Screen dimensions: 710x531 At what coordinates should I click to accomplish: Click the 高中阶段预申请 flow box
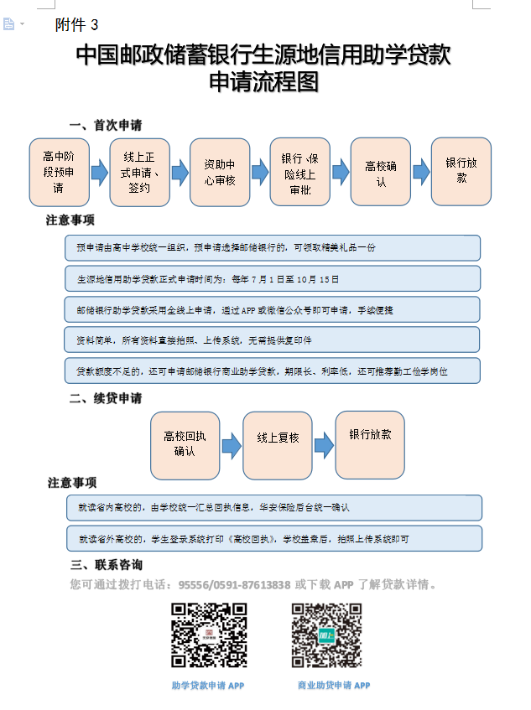59,172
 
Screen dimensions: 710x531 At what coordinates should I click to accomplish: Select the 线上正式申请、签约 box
139,172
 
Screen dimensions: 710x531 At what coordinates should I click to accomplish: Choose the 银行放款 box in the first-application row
461,171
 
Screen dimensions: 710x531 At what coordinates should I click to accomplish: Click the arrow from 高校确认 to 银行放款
420,172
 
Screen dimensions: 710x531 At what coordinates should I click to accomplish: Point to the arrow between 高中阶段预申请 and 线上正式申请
99,173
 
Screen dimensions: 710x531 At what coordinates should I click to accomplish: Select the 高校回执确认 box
185,444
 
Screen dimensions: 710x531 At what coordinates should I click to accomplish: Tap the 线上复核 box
278,444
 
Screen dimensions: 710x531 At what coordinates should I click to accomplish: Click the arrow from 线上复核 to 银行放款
324,445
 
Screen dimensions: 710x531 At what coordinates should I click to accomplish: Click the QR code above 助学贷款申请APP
209,635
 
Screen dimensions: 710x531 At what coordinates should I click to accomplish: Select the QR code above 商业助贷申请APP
326,635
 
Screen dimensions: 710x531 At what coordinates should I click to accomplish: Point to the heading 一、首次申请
106,125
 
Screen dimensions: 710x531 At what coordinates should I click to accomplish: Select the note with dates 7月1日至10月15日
273,278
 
